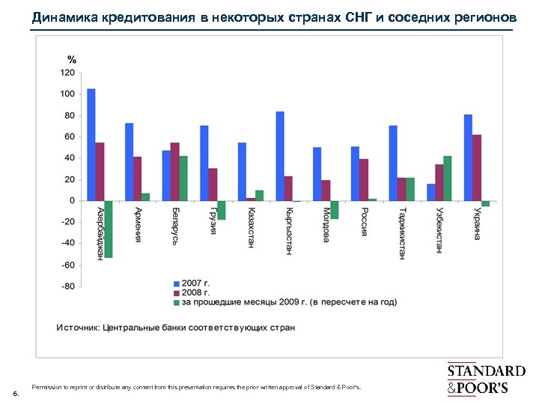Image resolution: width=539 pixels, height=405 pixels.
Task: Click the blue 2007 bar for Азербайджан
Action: [x=91, y=145]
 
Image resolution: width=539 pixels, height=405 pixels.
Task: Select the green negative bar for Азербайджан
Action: [x=109, y=229]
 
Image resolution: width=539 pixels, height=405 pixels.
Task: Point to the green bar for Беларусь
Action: [x=183, y=178]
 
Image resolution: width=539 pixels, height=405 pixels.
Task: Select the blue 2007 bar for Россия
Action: [x=355, y=173]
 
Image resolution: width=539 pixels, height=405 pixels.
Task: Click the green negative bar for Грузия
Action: [x=221, y=210]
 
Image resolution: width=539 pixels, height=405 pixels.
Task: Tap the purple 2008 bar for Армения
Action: [x=138, y=178]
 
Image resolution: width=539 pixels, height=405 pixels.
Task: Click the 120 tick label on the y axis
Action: [x=67, y=73]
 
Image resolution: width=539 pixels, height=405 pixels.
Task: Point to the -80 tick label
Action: [x=67, y=286]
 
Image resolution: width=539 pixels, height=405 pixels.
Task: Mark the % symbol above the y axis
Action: [x=72, y=58]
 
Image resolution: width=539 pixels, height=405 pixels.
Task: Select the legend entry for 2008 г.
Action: [x=195, y=292]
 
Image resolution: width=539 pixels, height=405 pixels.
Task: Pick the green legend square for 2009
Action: [x=177, y=302]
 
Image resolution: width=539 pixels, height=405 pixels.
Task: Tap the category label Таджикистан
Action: [x=403, y=232]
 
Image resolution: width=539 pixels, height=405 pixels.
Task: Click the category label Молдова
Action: [x=326, y=224]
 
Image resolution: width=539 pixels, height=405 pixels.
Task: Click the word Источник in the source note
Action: [x=78, y=328]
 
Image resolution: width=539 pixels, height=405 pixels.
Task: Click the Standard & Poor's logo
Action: [x=486, y=379]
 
